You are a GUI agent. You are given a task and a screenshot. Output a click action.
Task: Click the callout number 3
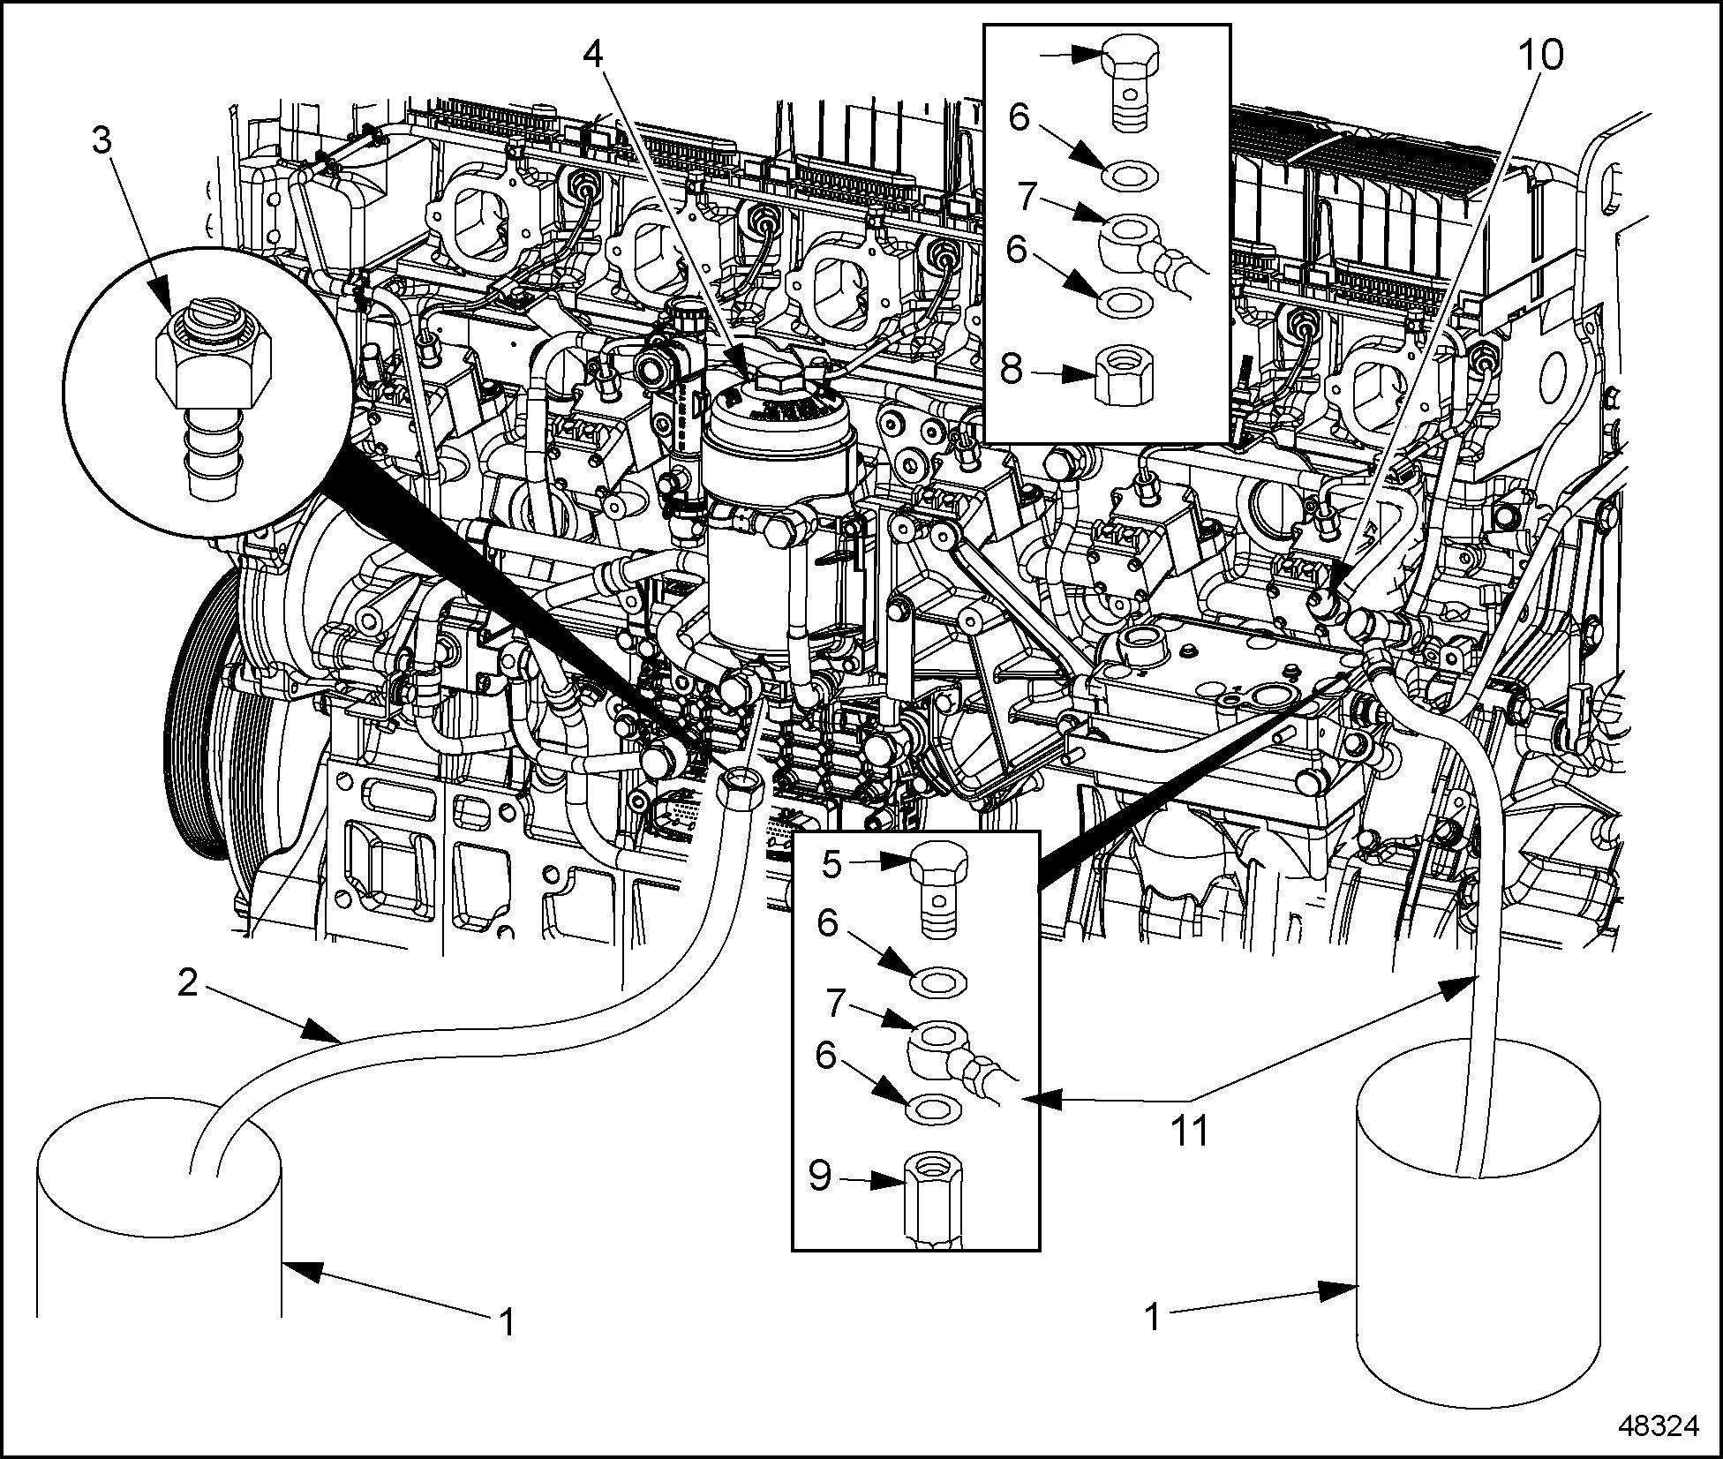tap(103, 141)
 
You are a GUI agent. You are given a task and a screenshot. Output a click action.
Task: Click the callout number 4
tap(593, 54)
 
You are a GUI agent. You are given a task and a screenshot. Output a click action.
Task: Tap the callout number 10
tap(1540, 55)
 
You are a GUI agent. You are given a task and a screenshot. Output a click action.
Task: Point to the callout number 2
tap(186, 982)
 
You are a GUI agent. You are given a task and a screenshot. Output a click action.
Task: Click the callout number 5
tap(832, 865)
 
